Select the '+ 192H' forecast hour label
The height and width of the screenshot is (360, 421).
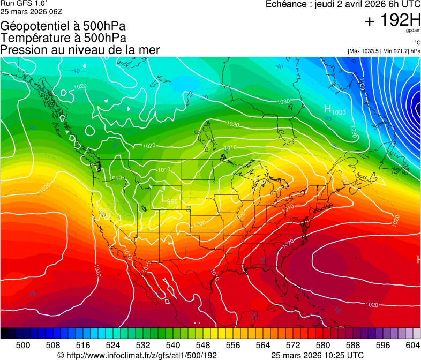[393, 21]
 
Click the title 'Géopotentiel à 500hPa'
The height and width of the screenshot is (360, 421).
[63, 26]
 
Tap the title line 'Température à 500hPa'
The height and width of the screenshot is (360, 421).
[63, 37]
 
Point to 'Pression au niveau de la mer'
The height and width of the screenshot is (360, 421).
[80, 50]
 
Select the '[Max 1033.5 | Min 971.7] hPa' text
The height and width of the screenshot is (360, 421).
[384, 51]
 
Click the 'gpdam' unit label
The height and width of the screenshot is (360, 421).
[413, 31]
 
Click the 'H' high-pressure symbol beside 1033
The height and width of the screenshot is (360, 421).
[328, 109]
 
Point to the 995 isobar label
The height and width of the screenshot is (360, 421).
[172, 201]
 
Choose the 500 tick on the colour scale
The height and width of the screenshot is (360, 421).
[23, 345]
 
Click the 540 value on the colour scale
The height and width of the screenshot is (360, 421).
[173, 345]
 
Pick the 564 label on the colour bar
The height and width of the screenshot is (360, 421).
[263, 345]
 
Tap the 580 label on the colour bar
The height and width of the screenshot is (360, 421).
[323, 345]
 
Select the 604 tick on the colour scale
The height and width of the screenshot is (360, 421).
[412, 345]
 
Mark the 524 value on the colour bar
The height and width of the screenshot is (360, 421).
[113, 345]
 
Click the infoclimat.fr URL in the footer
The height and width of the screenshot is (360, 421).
[137, 355]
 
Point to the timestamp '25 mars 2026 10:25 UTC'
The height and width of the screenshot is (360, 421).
[318, 355]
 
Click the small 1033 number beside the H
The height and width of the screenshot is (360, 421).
[339, 112]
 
